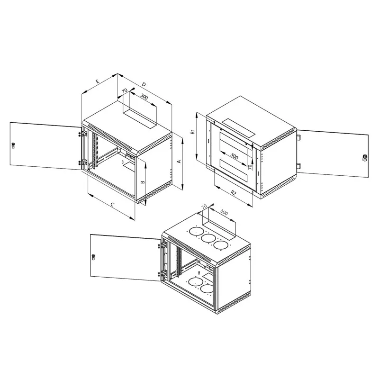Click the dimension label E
pyautogui.click(x=98, y=81)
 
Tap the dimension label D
pyautogui.click(x=144, y=84)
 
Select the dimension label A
pyautogui.click(x=179, y=161)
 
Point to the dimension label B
pyautogui.click(x=143, y=182)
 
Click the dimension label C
pyautogui.click(x=112, y=205)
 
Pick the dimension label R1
pyautogui.click(x=193, y=132)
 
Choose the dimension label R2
pyautogui.click(x=233, y=193)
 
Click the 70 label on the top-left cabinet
pyautogui.click(x=125, y=91)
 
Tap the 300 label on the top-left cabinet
pyautogui.click(x=144, y=97)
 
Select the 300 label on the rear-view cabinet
pyautogui.click(x=234, y=156)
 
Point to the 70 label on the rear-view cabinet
pyautogui.click(x=250, y=166)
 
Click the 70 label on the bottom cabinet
pyautogui.click(x=204, y=207)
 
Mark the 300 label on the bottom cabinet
pyautogui.click(x=224, y=212)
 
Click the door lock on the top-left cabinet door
pyautogui.click(x=13, y=145)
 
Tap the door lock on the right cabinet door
pyautogui.click(x=365, y=158)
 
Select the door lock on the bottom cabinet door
pyautogui.click(x=93, y=257)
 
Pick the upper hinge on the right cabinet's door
pyautogui.click(x=299, y=137)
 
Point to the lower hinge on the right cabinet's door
pyautogui.click(x=299, y=166)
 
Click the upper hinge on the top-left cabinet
pyautogui.click(x=85, y=134)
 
